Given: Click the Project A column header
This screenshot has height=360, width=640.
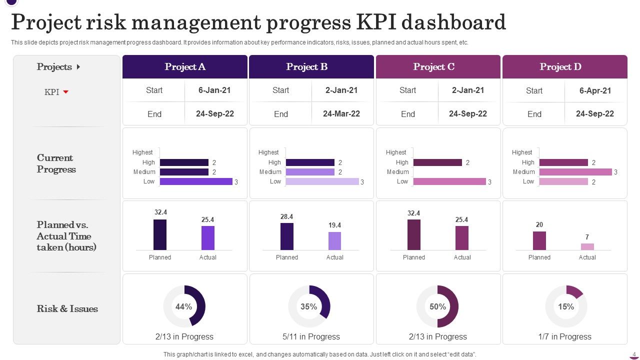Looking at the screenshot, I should coord(185,67).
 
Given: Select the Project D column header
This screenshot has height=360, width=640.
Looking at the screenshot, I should coord(560,67).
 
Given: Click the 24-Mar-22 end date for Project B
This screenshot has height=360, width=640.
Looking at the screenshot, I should coord(341,114).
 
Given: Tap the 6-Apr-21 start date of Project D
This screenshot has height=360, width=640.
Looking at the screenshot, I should coord(594,90).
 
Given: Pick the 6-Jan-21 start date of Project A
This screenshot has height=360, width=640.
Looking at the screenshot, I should coord(214,90).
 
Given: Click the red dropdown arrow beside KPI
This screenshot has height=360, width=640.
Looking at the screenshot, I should coord(65,92).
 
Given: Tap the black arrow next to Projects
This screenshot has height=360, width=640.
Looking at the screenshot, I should coord(78,67).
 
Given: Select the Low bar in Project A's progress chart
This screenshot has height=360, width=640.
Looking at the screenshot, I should coord(196,181).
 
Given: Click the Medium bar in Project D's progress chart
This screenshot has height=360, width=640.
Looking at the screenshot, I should coord(575,172).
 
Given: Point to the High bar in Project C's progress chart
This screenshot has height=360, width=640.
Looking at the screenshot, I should coord(437,162).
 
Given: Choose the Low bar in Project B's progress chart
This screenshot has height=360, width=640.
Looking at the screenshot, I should coord(322,181).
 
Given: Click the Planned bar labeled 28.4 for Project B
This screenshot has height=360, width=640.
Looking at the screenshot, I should coord(287,236).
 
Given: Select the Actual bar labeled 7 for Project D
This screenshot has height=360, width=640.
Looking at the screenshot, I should coord(587,246).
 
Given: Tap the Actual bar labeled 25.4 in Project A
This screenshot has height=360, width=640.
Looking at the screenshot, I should coord(208,238).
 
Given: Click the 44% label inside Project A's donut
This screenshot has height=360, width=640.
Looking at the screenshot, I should coord(184,307).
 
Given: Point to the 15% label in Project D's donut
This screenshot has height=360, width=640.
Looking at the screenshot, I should coord(566,307).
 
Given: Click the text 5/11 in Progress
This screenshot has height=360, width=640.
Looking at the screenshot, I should coord(311,337).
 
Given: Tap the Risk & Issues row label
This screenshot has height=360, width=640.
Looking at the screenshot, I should coord(67,309).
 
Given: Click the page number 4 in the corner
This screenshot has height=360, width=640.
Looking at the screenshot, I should coord(634,354).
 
